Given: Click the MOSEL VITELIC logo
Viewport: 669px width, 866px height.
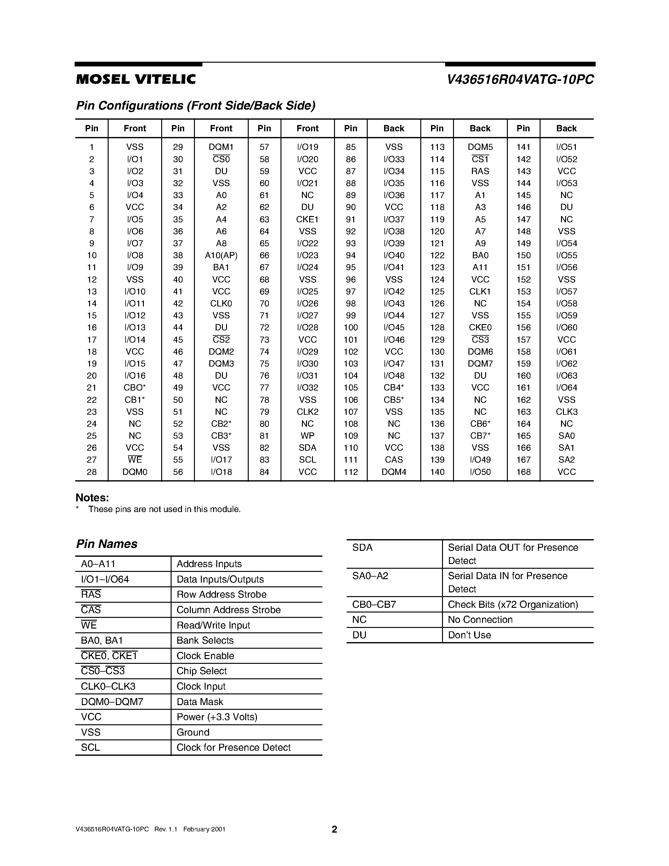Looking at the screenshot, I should [x=136, y=79].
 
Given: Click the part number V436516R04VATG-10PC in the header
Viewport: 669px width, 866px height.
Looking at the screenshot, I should [x=520, y=80].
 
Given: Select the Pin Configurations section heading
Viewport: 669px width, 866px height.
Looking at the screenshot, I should [x=196, y=105].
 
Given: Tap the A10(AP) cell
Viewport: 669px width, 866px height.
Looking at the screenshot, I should [x=221, y=255].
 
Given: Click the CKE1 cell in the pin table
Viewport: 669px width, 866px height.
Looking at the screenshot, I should [x=307, y=219].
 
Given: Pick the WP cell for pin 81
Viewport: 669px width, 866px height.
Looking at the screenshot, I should [x=307, y=436].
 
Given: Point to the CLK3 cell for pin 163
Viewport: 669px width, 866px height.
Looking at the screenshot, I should [x=566, y=412].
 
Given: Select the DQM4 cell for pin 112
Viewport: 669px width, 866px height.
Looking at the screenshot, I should [x=394, y=472].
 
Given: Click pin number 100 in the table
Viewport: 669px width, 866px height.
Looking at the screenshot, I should [x=350, y=328].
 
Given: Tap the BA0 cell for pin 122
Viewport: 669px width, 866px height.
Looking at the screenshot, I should [x=480, y=255].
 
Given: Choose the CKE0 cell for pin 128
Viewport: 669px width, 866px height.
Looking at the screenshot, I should [x=480, y=328].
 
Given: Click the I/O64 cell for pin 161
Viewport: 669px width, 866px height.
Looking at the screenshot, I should [x=566, y=387].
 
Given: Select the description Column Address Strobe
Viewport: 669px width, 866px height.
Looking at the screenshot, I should [x=228, y=610].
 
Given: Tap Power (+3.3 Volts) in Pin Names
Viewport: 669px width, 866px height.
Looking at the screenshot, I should [x=217, y=717].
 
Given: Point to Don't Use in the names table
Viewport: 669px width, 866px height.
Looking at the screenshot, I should [x=469, y=635].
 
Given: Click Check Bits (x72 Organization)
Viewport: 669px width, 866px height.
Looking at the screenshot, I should [x=513, y=604].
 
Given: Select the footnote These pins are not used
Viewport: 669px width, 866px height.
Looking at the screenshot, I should [x=164, y=509].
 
